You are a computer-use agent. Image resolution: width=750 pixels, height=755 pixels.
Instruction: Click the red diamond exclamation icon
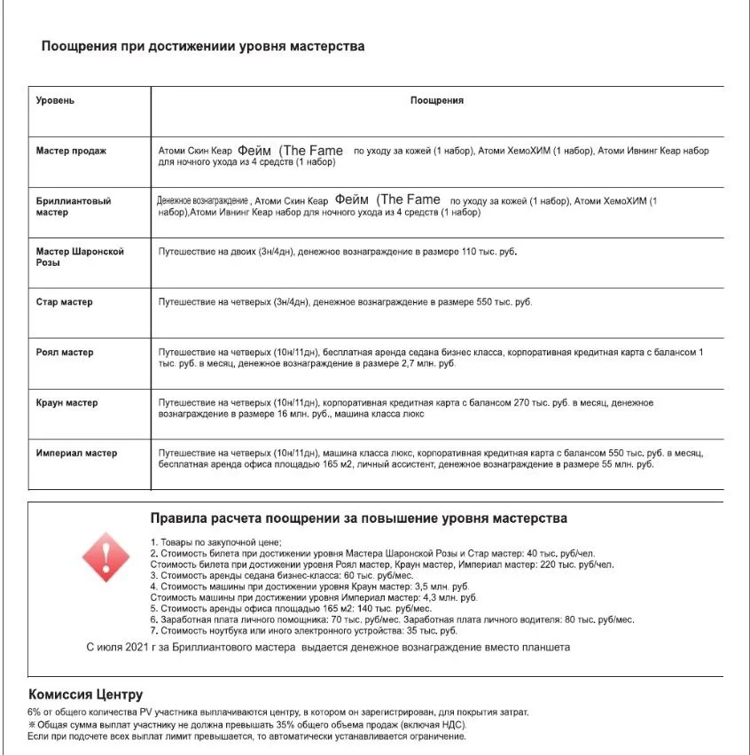click(105, 557)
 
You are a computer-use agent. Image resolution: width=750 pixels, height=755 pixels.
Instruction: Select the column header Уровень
click(55, 100)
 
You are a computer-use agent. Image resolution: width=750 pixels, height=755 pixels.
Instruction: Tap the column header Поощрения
click(436, 100)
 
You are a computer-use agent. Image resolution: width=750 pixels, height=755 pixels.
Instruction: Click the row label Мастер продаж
click(71, 151)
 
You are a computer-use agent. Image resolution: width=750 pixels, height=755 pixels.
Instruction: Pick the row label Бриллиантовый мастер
click(73, 206)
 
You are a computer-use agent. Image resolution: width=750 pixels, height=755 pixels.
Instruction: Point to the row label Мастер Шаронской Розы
click(79, 257)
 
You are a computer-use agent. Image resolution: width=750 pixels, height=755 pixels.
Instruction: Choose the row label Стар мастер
click(64, 302)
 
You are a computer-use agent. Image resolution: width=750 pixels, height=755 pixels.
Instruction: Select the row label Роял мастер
click(64, 353)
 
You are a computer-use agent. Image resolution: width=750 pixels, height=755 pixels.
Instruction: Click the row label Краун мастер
click(66, 403)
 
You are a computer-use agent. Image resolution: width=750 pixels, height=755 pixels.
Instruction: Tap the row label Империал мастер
click(76, 454)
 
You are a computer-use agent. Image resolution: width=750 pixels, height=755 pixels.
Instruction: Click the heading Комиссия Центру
click(85, 695)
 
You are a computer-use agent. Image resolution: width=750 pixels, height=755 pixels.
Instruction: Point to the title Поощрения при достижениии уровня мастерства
click(203, 46)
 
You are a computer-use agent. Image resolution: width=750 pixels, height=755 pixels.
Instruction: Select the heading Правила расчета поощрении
click(359, 518)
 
